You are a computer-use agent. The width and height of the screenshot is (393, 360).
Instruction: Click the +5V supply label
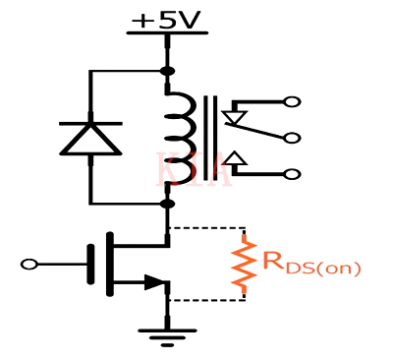[167, 17]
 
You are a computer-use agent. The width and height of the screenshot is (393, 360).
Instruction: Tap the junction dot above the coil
[167, 71]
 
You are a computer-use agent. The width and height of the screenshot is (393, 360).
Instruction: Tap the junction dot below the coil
[167, 204]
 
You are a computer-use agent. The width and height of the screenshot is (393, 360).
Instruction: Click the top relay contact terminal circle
[291, 101]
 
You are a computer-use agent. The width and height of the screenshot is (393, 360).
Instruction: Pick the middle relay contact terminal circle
[291, 138]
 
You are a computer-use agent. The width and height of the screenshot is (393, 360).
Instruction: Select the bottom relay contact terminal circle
[291, 174]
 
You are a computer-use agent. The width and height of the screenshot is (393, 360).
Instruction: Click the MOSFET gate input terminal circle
[29, 264]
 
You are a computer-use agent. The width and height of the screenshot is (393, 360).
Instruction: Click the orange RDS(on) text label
[311, 264]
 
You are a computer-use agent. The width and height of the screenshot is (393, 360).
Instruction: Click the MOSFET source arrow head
[155, 283]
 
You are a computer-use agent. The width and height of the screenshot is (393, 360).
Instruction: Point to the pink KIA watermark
[193, 170]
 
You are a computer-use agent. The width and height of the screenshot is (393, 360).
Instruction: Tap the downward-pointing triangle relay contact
[234, 119]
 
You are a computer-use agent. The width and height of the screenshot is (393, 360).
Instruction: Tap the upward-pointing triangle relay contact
[234, 157]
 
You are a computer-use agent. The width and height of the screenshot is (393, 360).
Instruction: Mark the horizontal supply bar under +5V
[167, 33]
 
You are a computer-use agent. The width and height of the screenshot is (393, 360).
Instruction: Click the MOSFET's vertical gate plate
[91, 264]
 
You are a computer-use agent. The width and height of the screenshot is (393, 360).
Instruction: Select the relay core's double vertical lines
[208, 138]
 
